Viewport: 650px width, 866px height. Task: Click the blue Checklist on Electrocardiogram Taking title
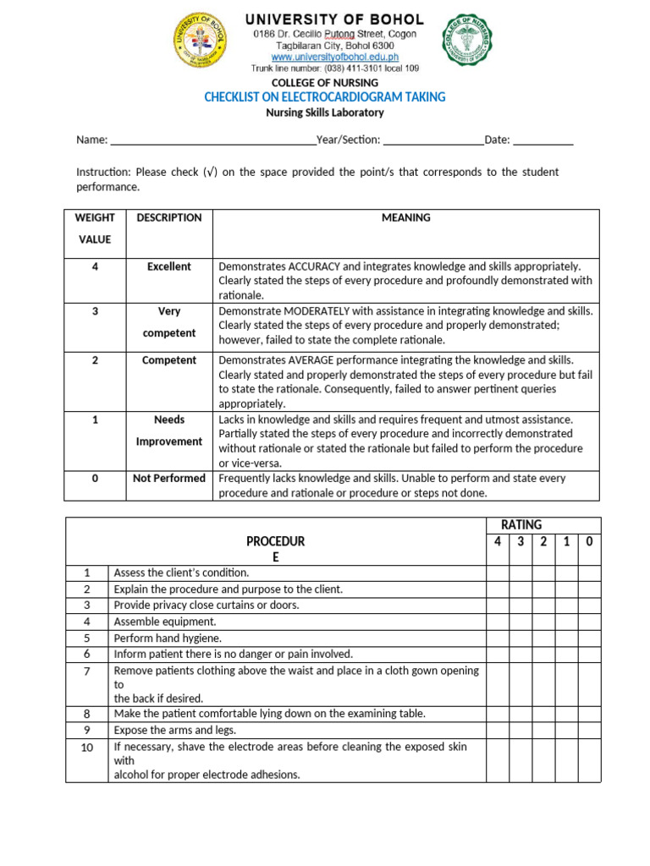click(324, 97)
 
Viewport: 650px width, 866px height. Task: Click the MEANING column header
click(405, 218)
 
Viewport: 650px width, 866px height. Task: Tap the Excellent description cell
click(169, 266)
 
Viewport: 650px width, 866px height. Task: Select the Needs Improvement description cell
click(169, 430)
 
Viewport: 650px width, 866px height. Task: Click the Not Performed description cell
click(169, 479)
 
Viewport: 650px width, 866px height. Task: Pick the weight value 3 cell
click(95, 311)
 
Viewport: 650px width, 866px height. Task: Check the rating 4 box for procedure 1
click(498, 573)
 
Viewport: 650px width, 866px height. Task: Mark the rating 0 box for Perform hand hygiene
click(589, 639)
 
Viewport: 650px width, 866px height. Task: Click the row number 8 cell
click(87, 714)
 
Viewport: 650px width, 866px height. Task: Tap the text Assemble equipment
click(165, 622)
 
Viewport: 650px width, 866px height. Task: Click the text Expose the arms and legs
click(175, 730)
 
